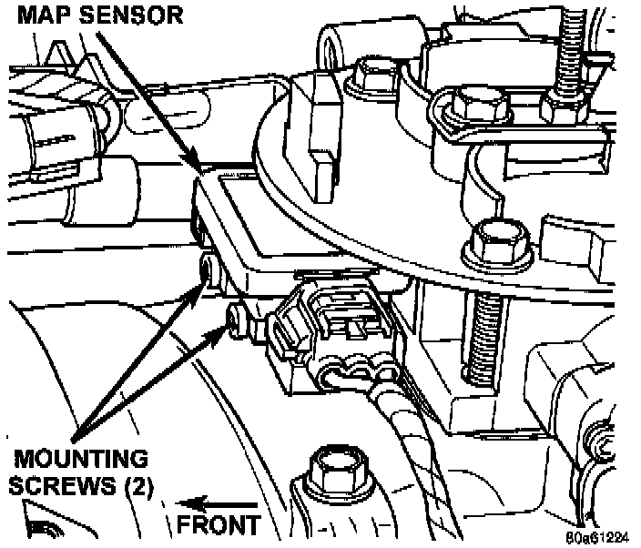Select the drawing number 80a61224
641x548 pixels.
pyautogui.click(x=594, y=536)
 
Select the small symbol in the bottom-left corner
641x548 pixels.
pyautogui.click(x=40, y=527)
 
